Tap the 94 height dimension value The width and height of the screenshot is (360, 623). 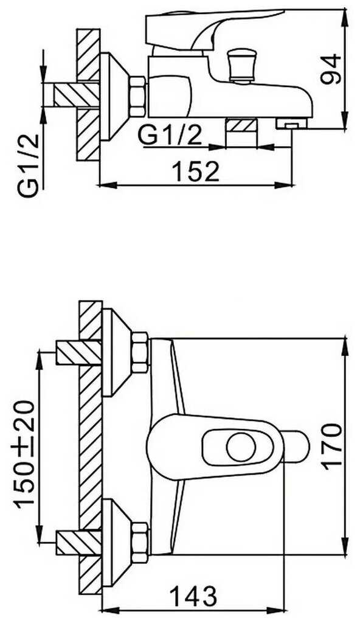331,69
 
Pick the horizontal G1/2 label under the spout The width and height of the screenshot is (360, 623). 170,137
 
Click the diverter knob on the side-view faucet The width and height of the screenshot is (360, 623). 241,66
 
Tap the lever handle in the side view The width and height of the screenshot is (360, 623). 215,29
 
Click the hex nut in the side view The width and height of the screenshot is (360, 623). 137,97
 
